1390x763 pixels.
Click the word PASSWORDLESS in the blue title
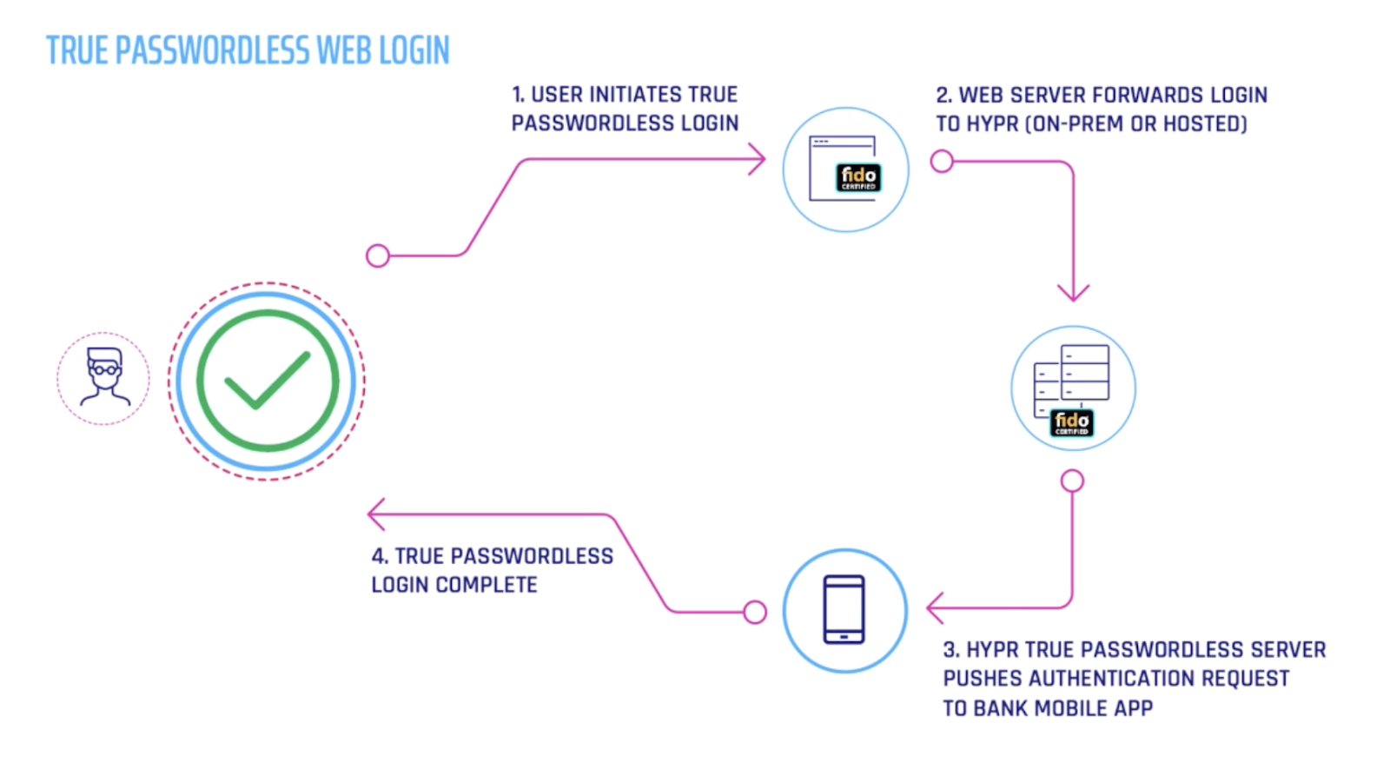213,50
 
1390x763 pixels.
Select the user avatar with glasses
104,378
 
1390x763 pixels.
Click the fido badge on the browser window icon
858,177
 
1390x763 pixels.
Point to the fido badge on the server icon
1072,422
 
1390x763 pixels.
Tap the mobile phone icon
844,610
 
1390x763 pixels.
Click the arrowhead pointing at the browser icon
758,160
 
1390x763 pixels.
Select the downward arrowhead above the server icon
1073,293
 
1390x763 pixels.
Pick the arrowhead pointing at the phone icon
934,608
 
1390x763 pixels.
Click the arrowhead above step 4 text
375,514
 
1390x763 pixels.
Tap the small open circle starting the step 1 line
378,255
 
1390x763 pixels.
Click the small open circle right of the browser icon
942,162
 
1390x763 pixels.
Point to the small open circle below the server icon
1073,481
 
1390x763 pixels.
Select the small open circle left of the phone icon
755,612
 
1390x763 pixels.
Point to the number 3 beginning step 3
950,650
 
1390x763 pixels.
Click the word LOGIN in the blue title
414,50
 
